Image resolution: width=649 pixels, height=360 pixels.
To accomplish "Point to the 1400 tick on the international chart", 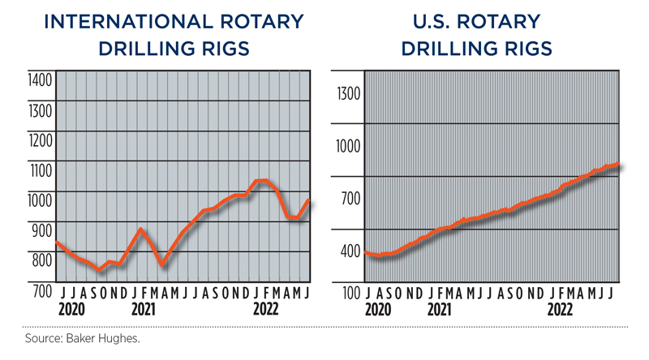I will point(40,80).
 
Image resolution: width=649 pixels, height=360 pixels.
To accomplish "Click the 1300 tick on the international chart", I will point(40,109).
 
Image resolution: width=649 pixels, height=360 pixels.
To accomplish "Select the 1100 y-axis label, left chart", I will point(40,170).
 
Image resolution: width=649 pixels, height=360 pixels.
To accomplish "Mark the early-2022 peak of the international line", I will point(261,180).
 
